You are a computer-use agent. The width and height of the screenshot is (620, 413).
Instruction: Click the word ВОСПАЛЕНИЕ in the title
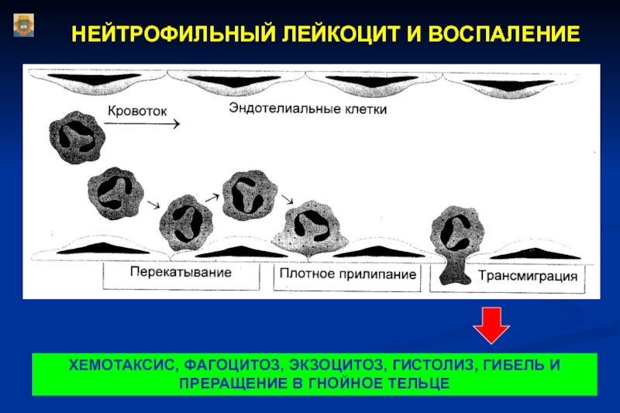[504, 33]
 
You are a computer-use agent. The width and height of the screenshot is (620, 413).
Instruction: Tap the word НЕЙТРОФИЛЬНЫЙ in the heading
[173, 33]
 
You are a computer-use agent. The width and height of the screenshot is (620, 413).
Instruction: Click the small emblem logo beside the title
[24, 26]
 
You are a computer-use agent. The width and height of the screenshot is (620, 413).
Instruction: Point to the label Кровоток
[138, 111]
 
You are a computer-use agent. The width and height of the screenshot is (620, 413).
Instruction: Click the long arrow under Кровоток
[142, 124]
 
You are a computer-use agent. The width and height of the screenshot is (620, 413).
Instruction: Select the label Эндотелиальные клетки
[308, 108]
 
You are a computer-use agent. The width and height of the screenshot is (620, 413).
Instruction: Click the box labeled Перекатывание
[181, 277]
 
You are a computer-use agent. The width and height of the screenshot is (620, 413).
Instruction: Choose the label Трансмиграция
[528, 276]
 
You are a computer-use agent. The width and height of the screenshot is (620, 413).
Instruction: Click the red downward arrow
[491, 325]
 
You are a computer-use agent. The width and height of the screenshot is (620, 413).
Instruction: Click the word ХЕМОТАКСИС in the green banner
[122, 365]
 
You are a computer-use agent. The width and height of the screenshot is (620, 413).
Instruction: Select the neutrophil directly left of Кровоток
[77, 137]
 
